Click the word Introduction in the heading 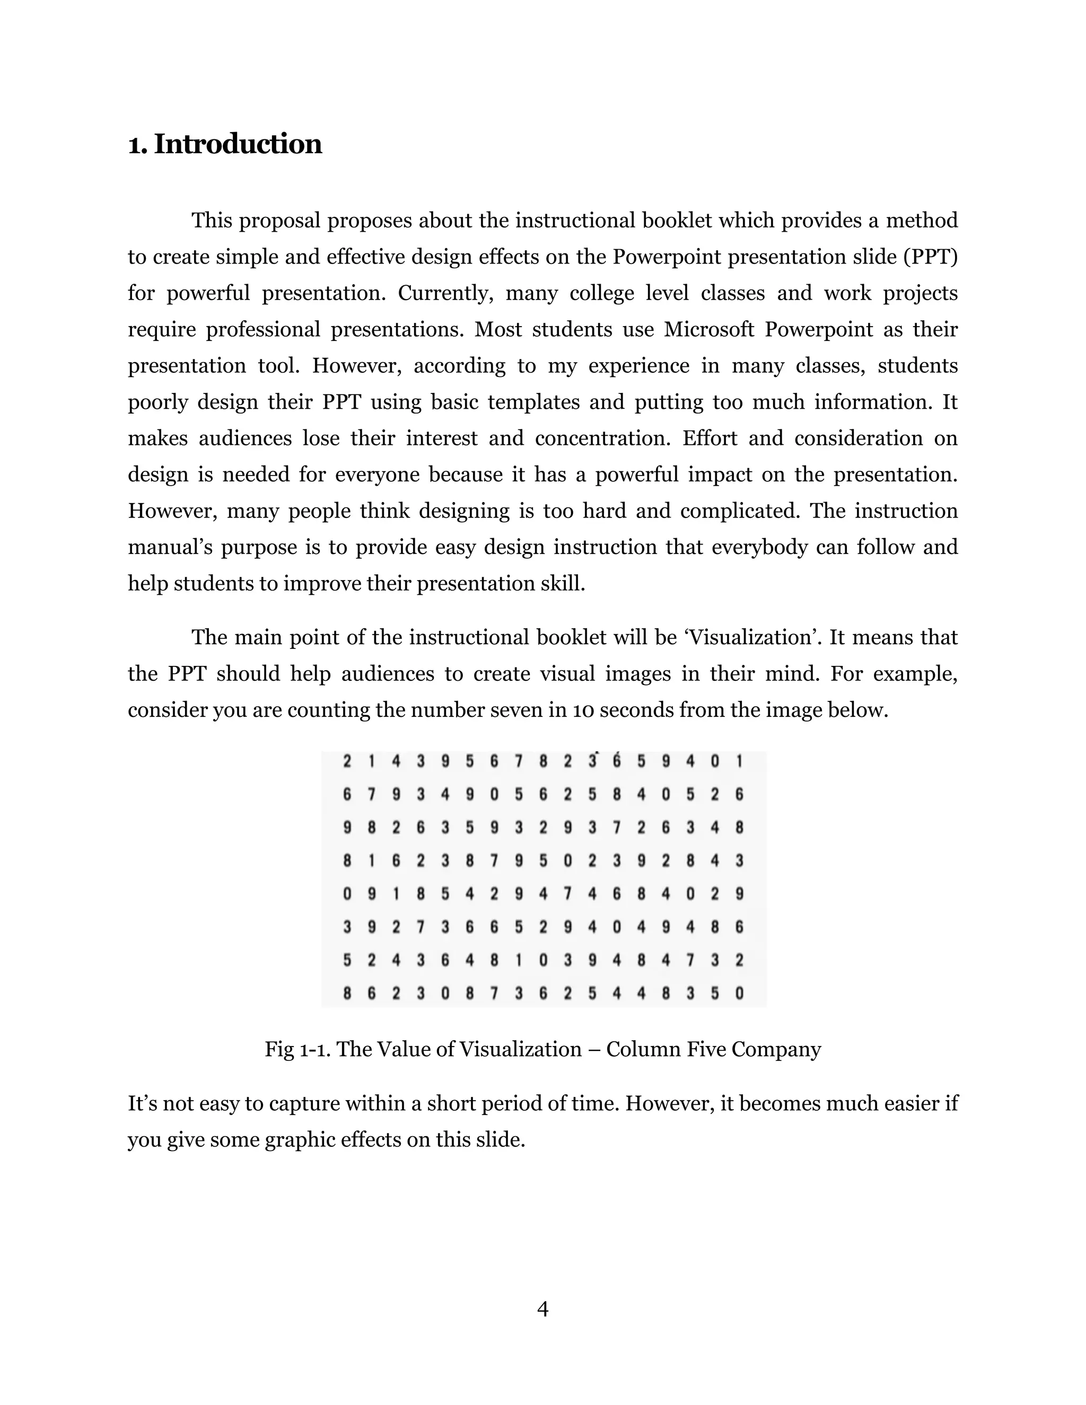pyautogui.click(x=238, y=144)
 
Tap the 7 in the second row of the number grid pyautogui.click(x=371, y=795)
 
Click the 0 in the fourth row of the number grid pyautogui.click(x=567, y=860)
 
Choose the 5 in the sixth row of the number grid pyautogui.click(x=519, y=927)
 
